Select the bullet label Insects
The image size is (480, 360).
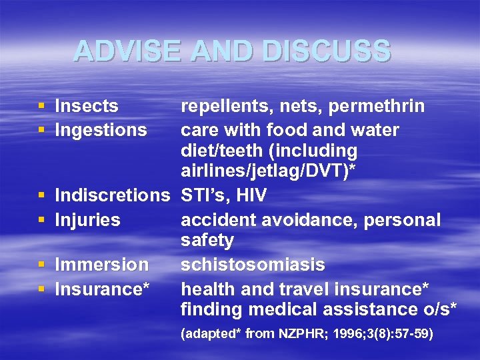click(87, 106)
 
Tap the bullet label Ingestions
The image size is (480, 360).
click(101, 129)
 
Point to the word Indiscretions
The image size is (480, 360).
click(113, 196)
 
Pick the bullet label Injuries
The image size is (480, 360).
click(87, 219)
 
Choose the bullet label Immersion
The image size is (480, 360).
click(101, 265)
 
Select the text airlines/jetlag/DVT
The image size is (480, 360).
click(265, 172)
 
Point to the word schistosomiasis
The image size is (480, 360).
click(253, 265)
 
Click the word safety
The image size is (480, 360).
click(207, 241)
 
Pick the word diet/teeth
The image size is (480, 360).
click(224, 151)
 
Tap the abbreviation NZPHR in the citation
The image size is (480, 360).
click(299, 333)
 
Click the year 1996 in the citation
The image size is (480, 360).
click(341, 333)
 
